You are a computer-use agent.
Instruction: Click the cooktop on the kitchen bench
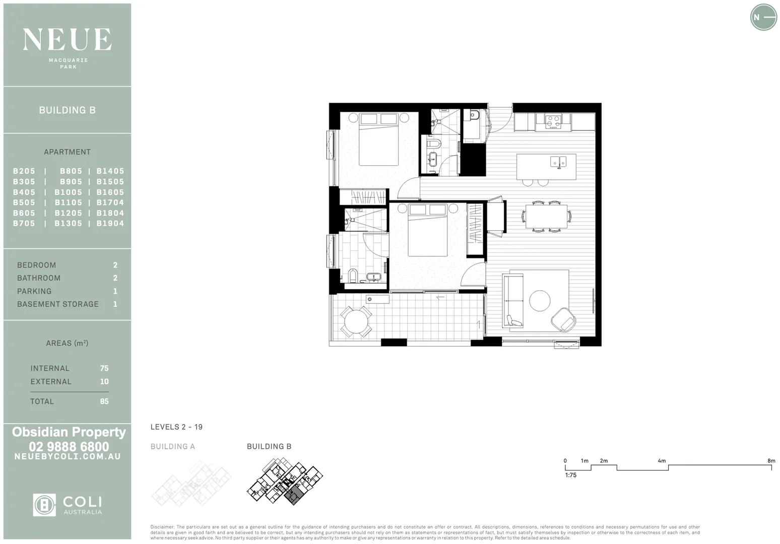553,121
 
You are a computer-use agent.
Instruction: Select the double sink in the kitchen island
558,162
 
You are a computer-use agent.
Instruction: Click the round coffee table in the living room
540,301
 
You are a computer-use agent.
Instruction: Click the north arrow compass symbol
763,17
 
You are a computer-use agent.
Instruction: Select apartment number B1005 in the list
68,192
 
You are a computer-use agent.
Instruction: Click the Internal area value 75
104,368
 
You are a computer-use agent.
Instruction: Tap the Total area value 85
104,401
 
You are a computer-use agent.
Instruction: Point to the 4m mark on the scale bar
662,461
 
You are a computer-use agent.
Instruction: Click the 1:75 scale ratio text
570,475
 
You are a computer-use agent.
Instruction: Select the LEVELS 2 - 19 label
176,427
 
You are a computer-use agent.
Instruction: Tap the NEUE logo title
67,40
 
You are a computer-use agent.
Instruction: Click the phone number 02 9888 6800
69,446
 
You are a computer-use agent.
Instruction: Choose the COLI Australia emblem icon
44,505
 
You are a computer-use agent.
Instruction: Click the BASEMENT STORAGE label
58,304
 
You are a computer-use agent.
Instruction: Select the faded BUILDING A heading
172,446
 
